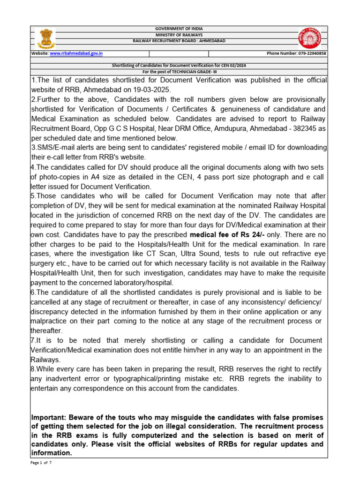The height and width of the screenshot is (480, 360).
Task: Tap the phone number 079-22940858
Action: coord(312,54)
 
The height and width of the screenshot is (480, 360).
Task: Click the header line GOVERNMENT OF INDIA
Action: coord(179,29)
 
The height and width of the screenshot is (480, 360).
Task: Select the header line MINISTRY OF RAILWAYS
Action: coord(179,35)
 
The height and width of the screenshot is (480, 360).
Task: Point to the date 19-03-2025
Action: coord(152,90)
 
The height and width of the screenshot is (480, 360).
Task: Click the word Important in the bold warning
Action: coord(50,417)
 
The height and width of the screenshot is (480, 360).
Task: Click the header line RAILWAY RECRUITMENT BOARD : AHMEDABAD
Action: coord(179,41)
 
